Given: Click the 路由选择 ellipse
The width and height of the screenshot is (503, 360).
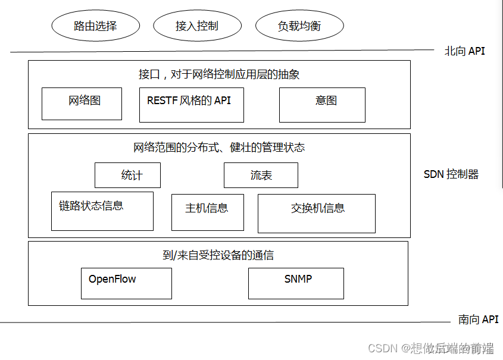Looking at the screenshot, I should pos(95,26).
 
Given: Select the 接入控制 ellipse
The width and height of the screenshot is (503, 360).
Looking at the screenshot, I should pos(197,26).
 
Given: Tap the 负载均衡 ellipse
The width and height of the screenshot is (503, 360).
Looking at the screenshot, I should pos(299,26).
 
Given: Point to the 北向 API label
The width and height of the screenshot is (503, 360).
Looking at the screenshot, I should pos(464,51).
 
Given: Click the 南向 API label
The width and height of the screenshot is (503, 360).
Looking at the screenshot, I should pos(478,320).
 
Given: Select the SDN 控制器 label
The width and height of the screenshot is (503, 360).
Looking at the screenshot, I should pos(451,174).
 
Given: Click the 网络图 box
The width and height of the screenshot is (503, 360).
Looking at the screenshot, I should pos(82,104).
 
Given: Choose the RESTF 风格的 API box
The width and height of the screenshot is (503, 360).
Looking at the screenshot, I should pos(191,105).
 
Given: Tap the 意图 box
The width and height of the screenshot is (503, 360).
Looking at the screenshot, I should pos(322,105).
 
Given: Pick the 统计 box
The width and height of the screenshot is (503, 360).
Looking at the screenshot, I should pos(127,175).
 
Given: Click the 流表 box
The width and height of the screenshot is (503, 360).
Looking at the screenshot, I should pos(261,175).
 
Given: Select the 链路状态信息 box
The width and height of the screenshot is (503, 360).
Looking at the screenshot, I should pos(102,211).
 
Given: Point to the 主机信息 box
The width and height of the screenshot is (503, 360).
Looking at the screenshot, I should pos(207,212).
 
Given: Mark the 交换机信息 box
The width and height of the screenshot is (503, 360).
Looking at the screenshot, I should pos(316,213).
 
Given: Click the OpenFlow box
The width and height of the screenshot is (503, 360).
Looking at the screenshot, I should pos(126,283).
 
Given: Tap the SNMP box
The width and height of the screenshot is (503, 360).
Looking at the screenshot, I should pos(296,283).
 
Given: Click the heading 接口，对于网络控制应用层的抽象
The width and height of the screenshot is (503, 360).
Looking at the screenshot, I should pos(219,74).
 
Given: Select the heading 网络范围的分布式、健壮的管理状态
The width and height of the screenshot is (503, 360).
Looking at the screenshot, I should pos(219,147).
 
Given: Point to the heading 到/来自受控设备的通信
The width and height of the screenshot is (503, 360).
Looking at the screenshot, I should pos(218,255).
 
